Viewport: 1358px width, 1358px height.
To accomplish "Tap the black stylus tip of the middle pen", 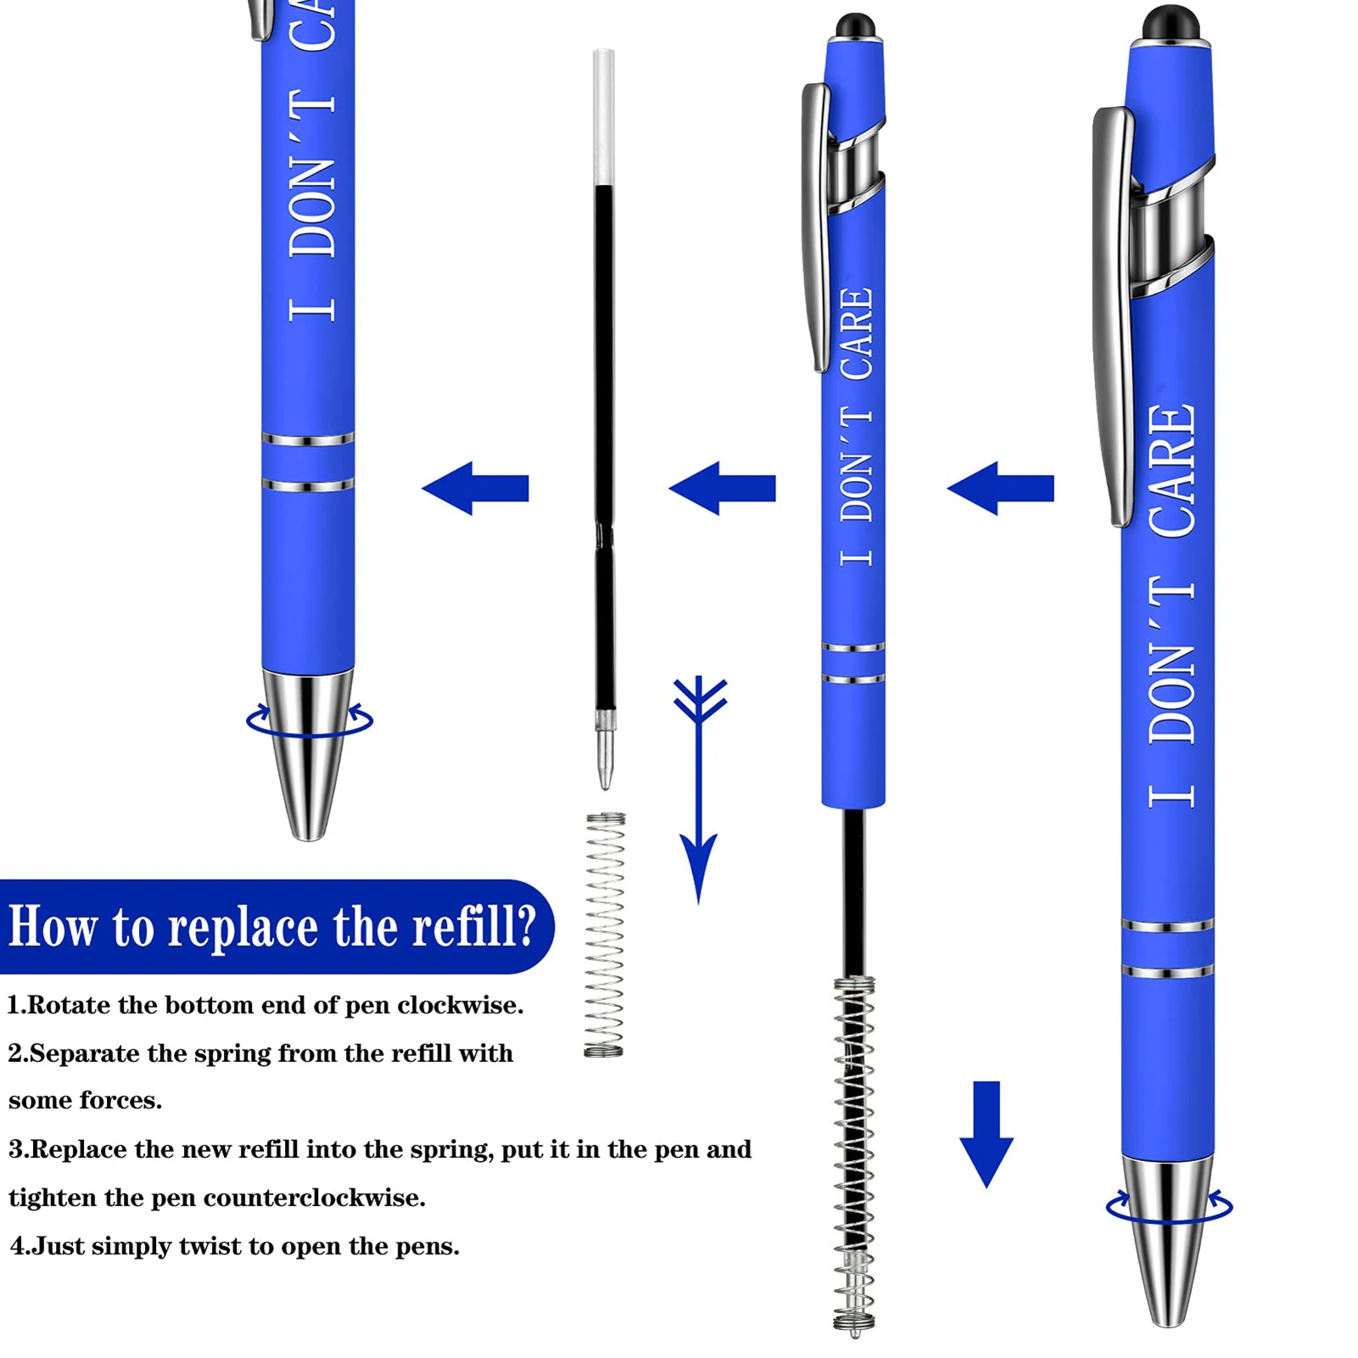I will (855, 26).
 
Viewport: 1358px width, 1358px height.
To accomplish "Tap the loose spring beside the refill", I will (604, 933).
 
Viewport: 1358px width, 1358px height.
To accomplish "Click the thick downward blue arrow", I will (986, 1132).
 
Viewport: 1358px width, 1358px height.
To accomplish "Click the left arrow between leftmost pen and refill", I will (476, 488).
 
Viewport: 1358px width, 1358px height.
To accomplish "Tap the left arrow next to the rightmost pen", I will (1001, 488).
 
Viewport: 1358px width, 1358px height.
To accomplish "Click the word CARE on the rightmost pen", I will (1171, 471).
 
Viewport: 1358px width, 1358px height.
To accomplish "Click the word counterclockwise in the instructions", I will (314, 1198).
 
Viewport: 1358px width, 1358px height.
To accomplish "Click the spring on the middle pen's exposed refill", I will (854, 1154).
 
